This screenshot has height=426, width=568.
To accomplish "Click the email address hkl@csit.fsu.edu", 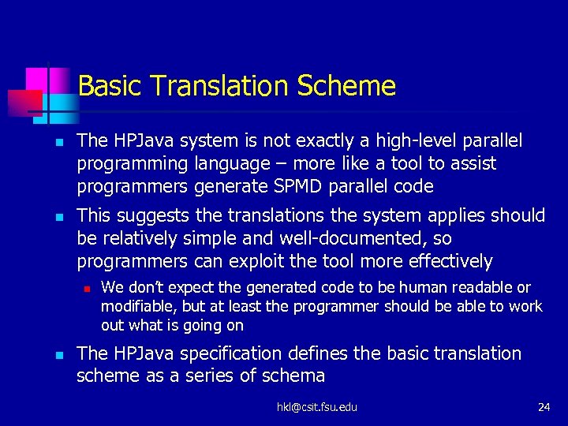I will click(316, 407).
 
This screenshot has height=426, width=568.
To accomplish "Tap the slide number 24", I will click(544, 407).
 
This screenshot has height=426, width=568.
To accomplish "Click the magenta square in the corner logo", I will click(37, 79).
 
